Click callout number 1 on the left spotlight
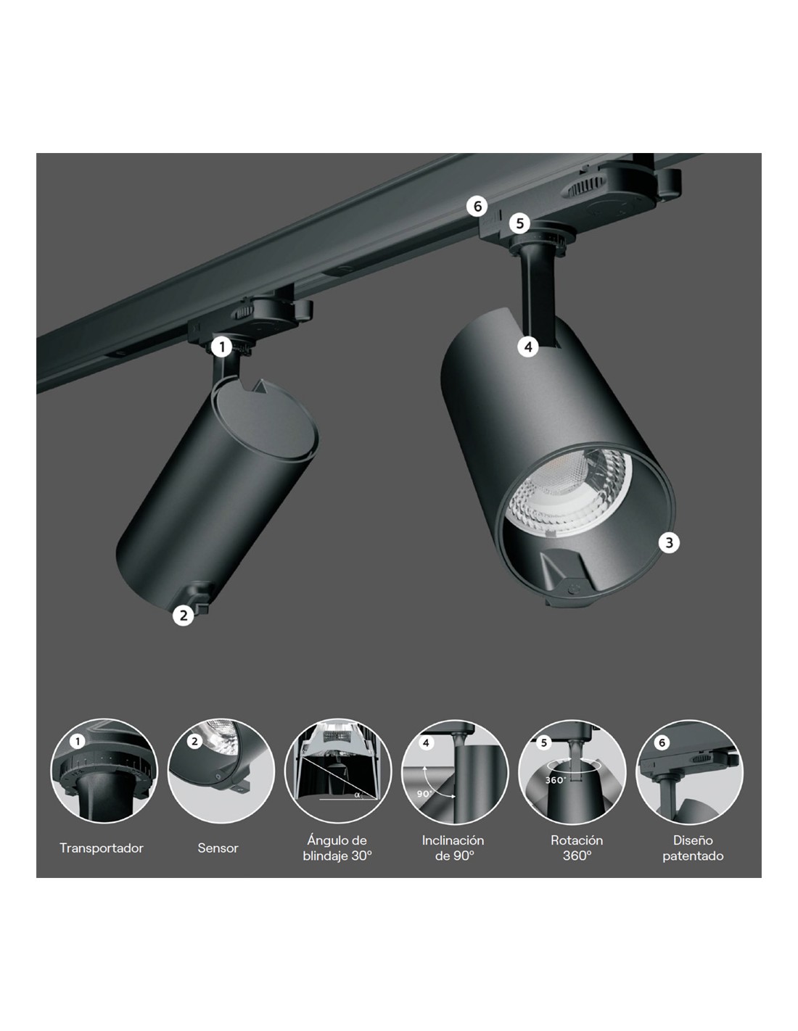tap(222, 347)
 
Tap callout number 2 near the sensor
tap(184, 615)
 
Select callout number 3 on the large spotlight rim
tap(669, 542)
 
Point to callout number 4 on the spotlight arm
tap(528, 347)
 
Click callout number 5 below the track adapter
tap(520, 223)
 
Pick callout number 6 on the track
tap(477, 207)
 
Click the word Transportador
tap(101, 848)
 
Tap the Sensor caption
tap(218, 848)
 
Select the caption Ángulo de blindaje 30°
tap(337, 848)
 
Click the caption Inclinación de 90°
tap(453, 848)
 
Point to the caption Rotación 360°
tap(577, 848)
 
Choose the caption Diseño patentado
tap(693, 848)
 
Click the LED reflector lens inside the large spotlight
tap(569, 489)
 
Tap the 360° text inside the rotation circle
tap(556, 780)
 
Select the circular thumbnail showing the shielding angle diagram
tap(338, 771)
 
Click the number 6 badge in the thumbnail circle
tap(662, 742)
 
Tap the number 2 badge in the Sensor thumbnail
tap(194, 741)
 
